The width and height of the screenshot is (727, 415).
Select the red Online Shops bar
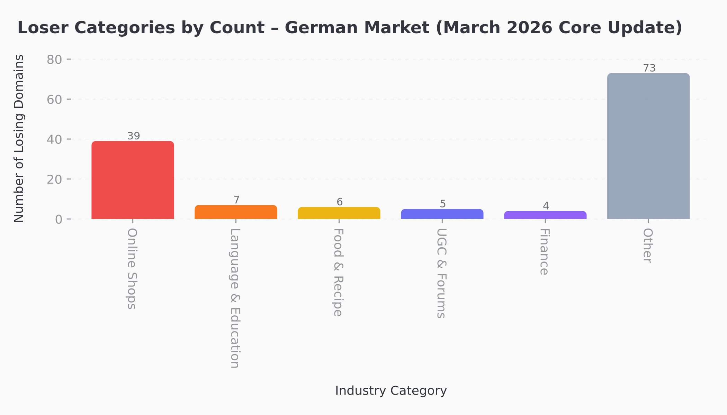point(133,180)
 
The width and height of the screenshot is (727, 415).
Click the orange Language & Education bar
point(236,212)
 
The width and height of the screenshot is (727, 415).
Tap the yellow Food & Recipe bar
point(339,213)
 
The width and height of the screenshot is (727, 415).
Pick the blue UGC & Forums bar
point(442,214)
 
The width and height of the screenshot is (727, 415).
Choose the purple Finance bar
point(545,215)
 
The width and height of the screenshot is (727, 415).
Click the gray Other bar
point(648,146)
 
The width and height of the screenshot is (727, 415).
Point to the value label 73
point(649,68)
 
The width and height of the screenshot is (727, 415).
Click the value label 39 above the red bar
point(134,136)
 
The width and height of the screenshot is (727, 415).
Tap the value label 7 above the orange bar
point(236,200)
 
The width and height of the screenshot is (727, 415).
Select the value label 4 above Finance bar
point(546,206)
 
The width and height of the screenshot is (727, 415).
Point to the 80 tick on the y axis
point(54,59)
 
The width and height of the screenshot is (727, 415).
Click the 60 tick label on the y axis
point(54,100)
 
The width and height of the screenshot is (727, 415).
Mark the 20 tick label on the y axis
point(54,179)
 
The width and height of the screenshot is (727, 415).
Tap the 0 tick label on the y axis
point(59,219)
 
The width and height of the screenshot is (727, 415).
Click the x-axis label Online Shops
point(132,269)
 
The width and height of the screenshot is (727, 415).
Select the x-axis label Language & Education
point(235,298)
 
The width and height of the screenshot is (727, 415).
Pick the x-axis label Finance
point(545,252)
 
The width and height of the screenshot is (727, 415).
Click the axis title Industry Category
point(391,391)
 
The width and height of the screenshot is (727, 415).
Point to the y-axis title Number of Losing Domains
point(19,138)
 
